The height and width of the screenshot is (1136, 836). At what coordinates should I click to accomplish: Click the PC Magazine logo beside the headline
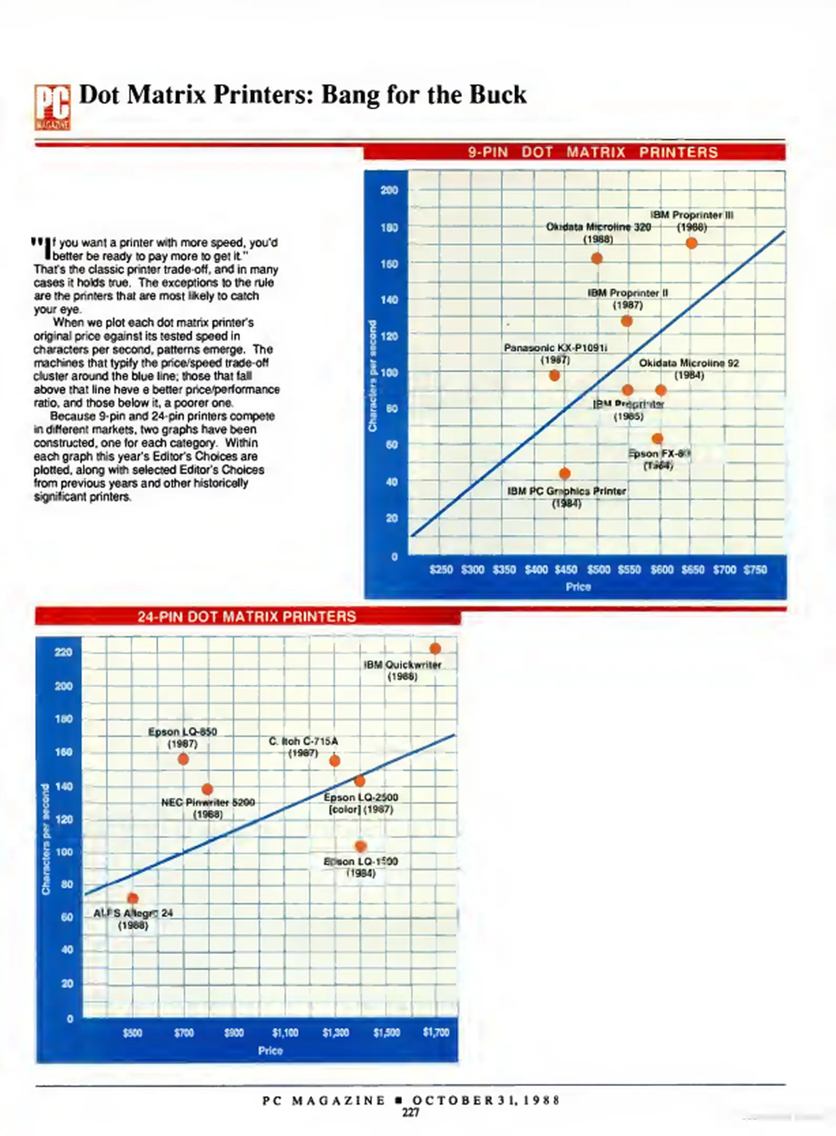tap(53, 107)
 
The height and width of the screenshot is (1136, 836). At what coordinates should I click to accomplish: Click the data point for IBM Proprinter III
tap(691, 243)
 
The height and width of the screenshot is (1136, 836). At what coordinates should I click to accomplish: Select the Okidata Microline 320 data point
tap(596, 258)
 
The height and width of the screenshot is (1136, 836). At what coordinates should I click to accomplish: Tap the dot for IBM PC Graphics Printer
tap(565, 473)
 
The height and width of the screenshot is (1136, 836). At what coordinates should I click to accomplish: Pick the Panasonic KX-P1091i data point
tap(554, 376)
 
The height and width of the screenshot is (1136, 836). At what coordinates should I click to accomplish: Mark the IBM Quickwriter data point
tap(435, 649)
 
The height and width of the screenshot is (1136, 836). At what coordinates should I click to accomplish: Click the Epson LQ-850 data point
tap(183, 759)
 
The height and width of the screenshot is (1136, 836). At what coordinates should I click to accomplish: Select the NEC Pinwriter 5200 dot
tap(207, 789)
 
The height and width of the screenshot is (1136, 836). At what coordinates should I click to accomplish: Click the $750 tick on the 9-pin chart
tap(755, 570)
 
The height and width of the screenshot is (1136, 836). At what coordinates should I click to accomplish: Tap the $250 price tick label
tap(441, 570)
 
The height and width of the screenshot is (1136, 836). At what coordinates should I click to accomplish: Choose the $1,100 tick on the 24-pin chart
tap(285, 1033)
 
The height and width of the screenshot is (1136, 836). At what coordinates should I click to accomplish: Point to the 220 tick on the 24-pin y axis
tap(63, 652)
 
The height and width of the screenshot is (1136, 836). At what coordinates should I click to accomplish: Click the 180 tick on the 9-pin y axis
tap(389, 227)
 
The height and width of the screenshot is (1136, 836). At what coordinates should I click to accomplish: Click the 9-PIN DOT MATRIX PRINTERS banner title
tap(593, 153)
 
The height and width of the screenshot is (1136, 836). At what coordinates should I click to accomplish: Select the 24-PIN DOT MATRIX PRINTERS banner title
tap(247, 616)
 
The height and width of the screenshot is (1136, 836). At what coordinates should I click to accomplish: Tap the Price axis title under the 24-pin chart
tap(270, 1050)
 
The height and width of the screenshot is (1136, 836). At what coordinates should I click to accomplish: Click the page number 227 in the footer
tap(411, 1112)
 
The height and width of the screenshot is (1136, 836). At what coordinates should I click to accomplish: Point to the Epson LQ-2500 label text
tap(361, 797)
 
